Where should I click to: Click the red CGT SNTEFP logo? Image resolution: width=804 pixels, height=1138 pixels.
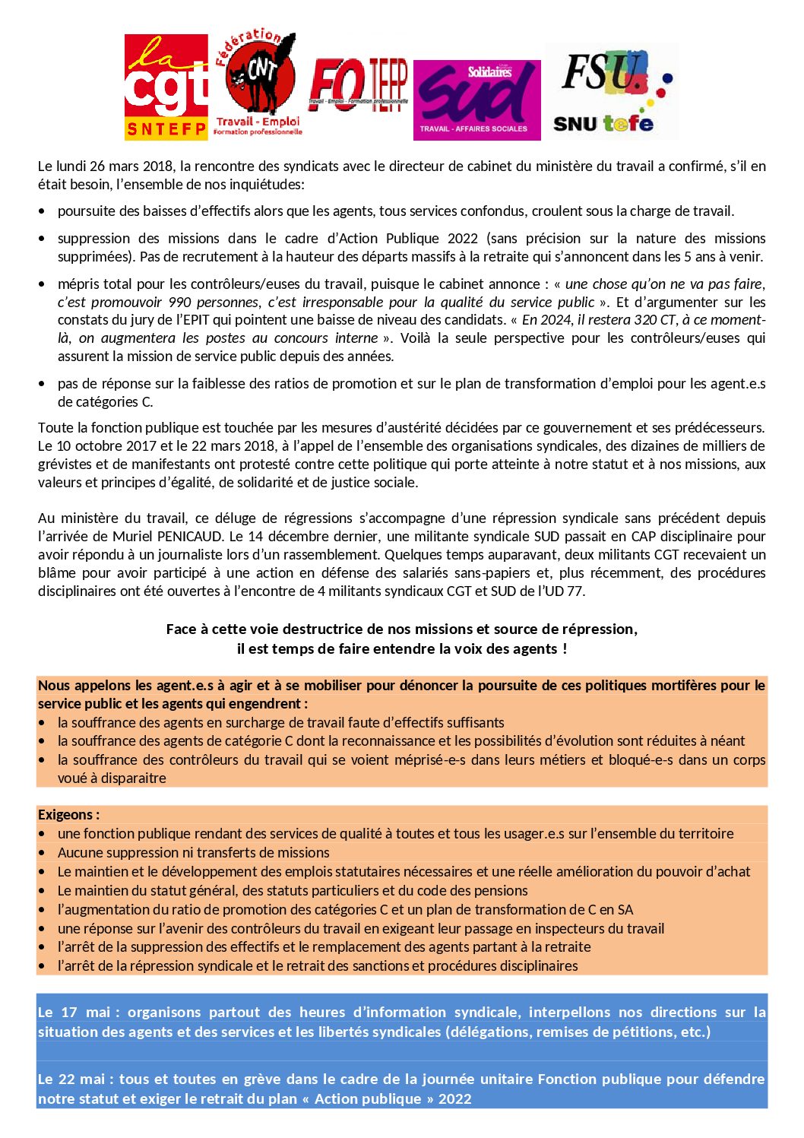coord(166,87)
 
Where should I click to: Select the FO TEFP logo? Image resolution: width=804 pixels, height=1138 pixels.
coord(358,86)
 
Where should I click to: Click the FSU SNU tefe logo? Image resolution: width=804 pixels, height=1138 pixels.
coord(612,91)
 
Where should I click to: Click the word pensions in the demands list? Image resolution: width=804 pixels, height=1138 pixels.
coord(503,891)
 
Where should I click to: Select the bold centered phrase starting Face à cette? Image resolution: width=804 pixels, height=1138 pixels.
coord(401,629)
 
